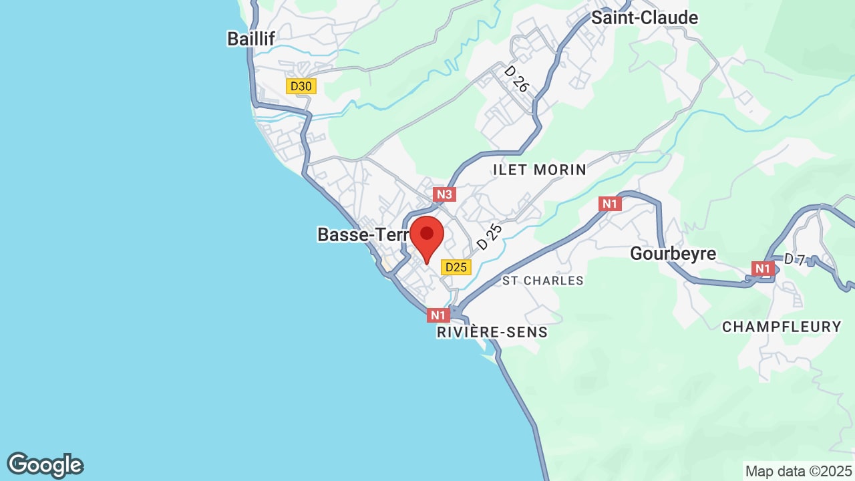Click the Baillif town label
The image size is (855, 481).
pos(251,39)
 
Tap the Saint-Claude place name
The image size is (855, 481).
pos(645,18)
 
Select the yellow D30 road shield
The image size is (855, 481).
pos(301,86)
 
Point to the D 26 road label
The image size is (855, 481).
pos(516,79)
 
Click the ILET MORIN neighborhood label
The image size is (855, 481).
pos(539,170)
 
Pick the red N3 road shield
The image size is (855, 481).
pos(444,194)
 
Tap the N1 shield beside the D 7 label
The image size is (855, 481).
pos(762,269)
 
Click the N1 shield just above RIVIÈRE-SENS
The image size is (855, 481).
pos(438,315)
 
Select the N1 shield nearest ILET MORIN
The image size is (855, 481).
pos(610,204)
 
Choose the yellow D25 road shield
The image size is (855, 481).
pos(456,267)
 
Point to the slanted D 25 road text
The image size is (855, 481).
pos(489,237)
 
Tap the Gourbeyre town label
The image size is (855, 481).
pos(673,254)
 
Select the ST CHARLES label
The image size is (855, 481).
pos(542,281)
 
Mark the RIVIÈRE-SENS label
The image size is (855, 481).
pos(492,332)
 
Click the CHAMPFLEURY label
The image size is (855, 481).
pos(782,327)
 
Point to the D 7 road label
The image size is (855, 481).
pos(794,259)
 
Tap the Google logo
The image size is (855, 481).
pos(45,465)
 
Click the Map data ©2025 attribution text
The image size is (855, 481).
pos(799,471)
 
